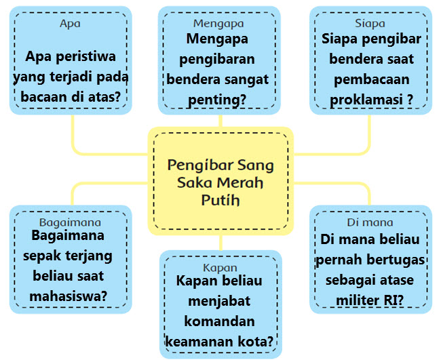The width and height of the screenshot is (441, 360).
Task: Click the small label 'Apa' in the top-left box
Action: click(x=70, y=22)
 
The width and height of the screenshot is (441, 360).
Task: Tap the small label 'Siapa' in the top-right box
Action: click(x=370, y=22)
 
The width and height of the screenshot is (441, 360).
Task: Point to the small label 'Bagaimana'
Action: click(x=70, y=222)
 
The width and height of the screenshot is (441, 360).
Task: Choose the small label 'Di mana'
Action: click(x=370, y=222)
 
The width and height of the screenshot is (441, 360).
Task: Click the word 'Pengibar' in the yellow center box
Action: click(x=197, y=165)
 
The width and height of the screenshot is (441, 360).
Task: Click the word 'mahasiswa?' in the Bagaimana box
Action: click(x=70, y=296)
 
